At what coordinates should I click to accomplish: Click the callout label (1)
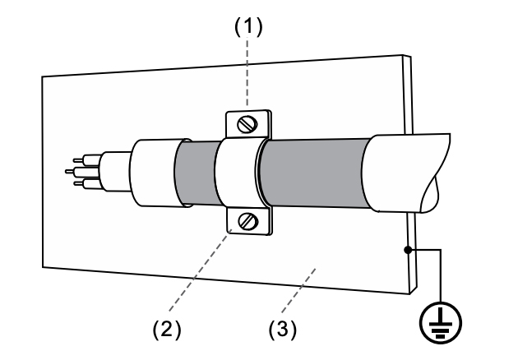(248, 26)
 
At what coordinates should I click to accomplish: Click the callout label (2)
(167, 330)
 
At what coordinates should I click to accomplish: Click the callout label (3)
(283, 330)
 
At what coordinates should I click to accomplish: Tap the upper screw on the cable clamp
(247, 124)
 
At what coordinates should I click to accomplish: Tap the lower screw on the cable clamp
(248, 221)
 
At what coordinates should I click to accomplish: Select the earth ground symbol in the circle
(441, 323)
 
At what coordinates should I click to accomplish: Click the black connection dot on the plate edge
(408, 250)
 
